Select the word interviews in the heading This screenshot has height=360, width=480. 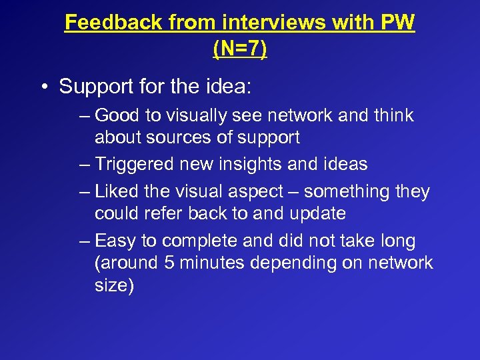coord(262,23)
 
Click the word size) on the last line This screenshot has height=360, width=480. coord(115,286)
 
